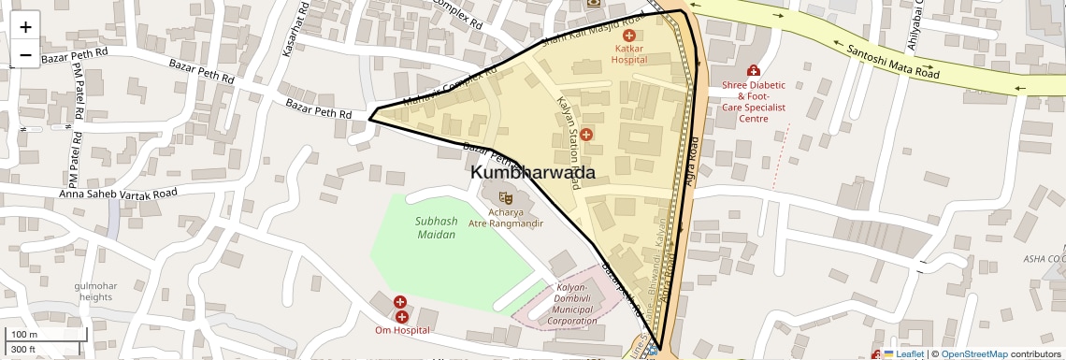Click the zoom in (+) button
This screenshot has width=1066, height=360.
tap(25, 26)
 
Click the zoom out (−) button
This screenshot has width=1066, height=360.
tap(25, 54)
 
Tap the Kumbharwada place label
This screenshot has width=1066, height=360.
tap(532, 173)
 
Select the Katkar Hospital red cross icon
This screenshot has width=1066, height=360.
tap(628, 35)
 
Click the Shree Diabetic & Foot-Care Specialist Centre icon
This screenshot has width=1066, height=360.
tap(754, 70)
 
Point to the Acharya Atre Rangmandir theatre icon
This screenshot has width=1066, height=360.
tap(505, 197)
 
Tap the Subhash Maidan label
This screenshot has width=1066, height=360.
tap(436, 228)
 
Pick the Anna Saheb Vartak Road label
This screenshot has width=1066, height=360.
tap(118, 194)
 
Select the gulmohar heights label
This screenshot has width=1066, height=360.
tap(95, 291)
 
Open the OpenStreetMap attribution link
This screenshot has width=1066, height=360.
tap(973, 353)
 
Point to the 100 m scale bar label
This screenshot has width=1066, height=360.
tap(24, 335)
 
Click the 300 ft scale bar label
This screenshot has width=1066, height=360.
tap(24, 350)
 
